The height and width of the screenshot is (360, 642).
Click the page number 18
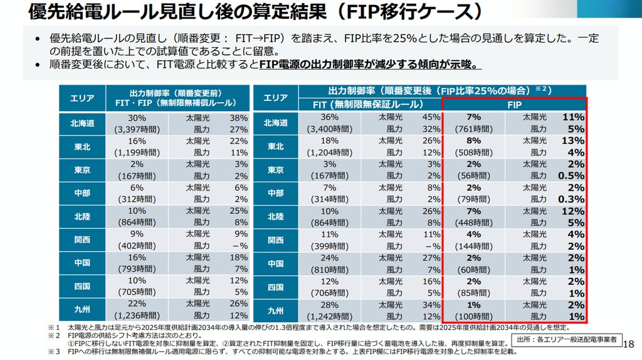click(628, 344)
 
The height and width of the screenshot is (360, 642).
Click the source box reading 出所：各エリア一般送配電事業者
click(567, 340)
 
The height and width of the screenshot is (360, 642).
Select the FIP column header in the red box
click(514, 105)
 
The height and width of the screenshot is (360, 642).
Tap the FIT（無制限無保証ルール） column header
click(368, 105)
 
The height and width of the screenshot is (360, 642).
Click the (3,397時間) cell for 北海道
click(137, 129)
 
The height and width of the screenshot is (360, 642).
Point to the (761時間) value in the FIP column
click(474, 129)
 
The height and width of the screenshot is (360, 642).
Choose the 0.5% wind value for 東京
click(571, 176)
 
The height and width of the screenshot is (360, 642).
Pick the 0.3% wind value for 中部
click(571, 199)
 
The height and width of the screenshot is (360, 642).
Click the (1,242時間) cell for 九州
click(330, 317)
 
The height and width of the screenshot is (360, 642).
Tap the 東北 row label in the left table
click(82, 147)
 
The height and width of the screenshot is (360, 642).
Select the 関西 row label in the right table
click(276, 240)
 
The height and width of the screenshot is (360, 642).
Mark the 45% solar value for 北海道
click(431, 117)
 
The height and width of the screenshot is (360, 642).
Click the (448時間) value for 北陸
click(474, 223)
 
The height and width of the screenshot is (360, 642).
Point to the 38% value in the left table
click(239, 118)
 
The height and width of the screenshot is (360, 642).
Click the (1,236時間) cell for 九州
click(137, 315)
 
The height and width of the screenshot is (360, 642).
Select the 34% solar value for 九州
click(431, 305)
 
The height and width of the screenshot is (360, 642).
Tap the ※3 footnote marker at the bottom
click(54, 352)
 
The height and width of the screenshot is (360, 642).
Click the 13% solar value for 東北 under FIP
click(573, 140)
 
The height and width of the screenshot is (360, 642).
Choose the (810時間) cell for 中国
click(330, 270)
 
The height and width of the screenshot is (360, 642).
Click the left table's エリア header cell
click(82, 98)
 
